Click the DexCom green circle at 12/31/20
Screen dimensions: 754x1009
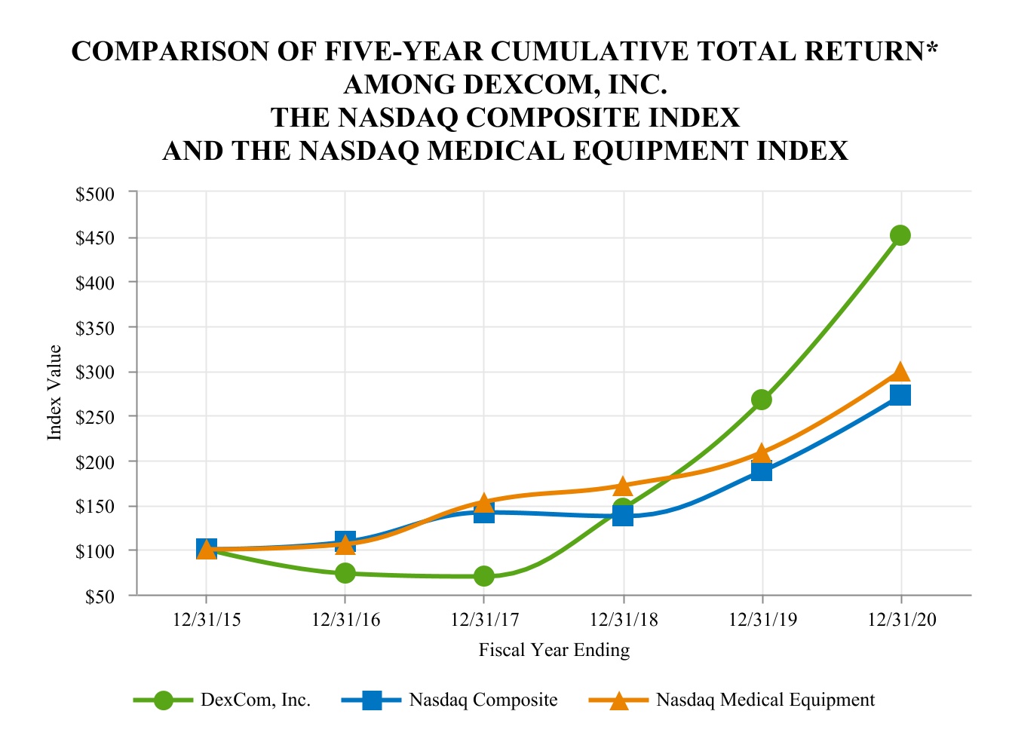(900, 235)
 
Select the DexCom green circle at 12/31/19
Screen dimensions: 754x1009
(762, 400)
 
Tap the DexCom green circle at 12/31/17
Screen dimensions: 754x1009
(484, 576)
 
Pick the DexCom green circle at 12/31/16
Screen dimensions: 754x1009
(345, 573)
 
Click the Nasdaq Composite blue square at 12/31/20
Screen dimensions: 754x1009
(900, 395)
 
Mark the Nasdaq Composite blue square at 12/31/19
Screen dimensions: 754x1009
(762, 472)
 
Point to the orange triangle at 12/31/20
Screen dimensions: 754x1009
(900, 372)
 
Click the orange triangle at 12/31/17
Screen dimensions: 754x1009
(484, 502)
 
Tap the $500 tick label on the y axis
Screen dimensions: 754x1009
(95, 194)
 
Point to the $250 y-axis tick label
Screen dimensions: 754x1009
(95, 417)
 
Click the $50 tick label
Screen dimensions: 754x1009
(99, 596)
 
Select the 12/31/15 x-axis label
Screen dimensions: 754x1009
(207, 620)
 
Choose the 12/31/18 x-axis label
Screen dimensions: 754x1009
(623, 620)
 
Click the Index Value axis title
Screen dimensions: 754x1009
(54, 392)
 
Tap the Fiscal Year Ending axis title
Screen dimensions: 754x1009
(554, 650)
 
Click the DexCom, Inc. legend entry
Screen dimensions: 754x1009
(255, 700)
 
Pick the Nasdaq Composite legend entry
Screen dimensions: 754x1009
(483, 700)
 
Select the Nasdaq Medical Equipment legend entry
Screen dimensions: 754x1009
(765, 700)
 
